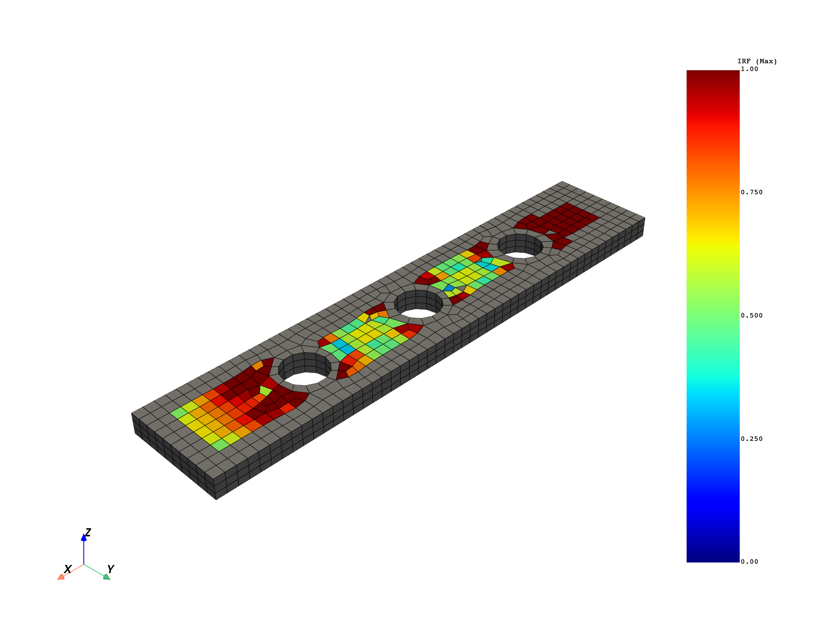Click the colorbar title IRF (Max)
pos(757,62)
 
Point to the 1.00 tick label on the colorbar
pos(749,69)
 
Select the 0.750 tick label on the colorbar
pos(752,192)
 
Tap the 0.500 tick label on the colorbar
pos(752,316)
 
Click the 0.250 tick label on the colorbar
pos(752,439)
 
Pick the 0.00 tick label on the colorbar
pos(749,562)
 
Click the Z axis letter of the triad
pos(88,533)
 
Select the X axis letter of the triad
pos(68,569)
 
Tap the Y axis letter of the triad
pos(110,569)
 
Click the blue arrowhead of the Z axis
pos(84,538)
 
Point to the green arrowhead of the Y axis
pos(107,577)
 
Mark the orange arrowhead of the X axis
pos(60,576)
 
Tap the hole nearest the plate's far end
pos(520,246)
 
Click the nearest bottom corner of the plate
pos(216,499)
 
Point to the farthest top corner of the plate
pos(562,182)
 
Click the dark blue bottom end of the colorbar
pos(713,558)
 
